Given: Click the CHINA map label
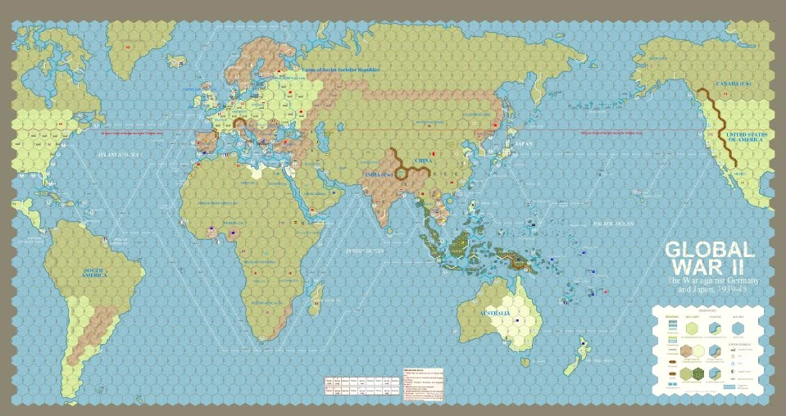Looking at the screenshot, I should (x=423, y=161).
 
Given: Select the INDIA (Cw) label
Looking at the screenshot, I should (x=379, y=172).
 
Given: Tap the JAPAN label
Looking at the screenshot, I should (x=524, y=144).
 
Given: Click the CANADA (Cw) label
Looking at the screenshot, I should (x=733, y=84).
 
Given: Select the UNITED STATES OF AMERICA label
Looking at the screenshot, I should (x=745, y=137).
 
